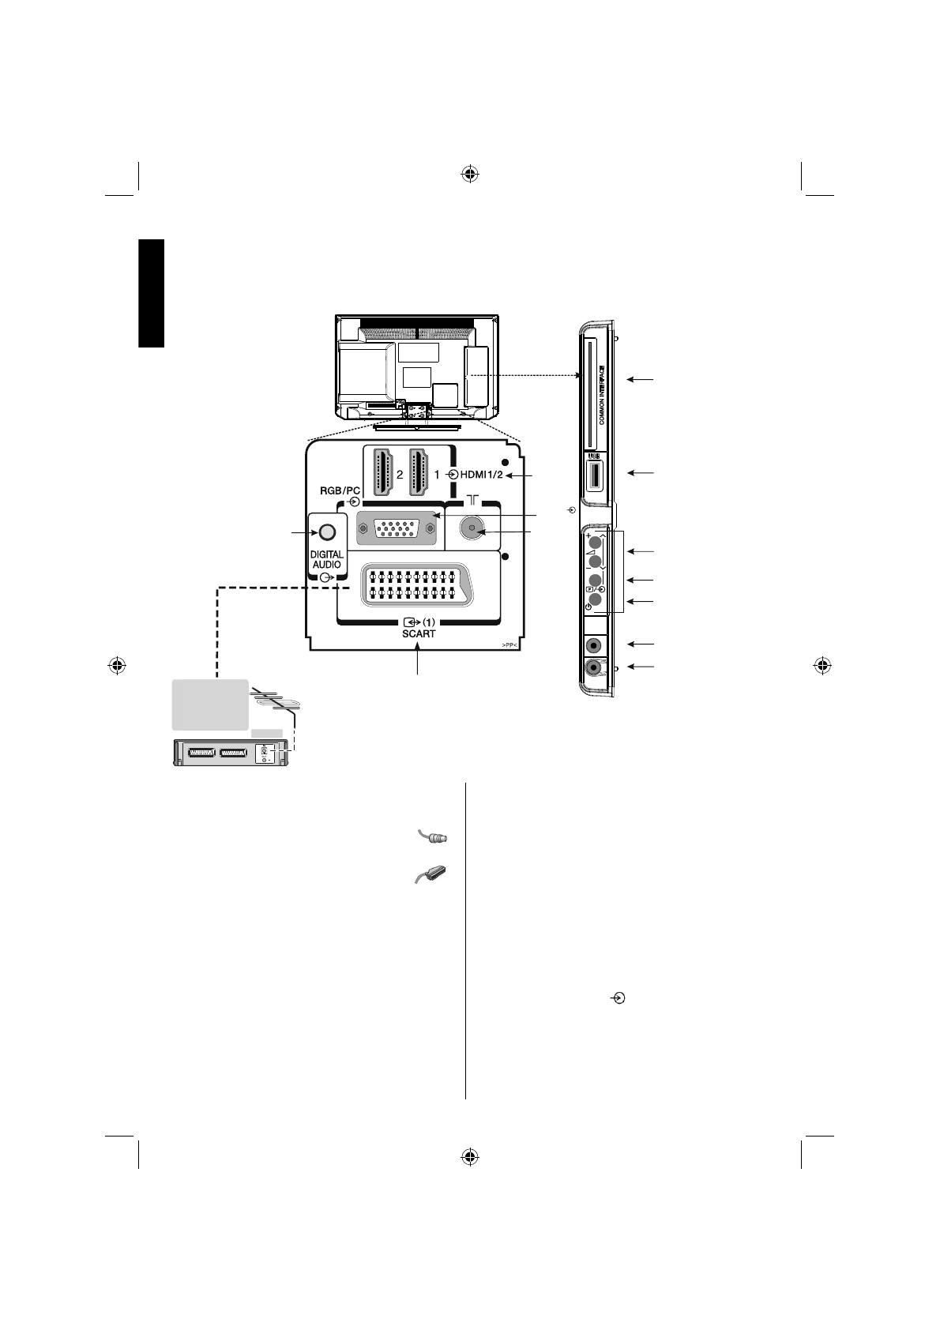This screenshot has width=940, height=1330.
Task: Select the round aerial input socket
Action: click(472, 528)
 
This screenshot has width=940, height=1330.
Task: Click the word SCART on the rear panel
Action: click(418, 633)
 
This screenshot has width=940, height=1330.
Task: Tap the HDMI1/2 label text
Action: click(481, 475)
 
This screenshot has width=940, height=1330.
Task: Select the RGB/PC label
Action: click(340, 490)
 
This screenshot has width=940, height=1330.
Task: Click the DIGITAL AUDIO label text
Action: click(326, 560)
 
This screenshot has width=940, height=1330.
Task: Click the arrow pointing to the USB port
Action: click(641, 473)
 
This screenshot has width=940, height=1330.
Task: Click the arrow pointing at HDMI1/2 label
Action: click(521, 475)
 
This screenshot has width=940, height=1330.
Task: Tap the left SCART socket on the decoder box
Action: click(196, 753)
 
